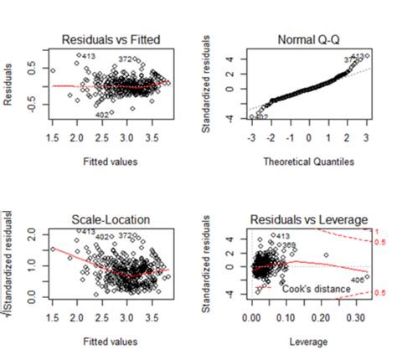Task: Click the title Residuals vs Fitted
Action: point(111,39)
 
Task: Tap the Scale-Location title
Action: point(111,219)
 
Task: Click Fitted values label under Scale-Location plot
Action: point(111,342)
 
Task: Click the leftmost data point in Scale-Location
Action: point(52,249)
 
